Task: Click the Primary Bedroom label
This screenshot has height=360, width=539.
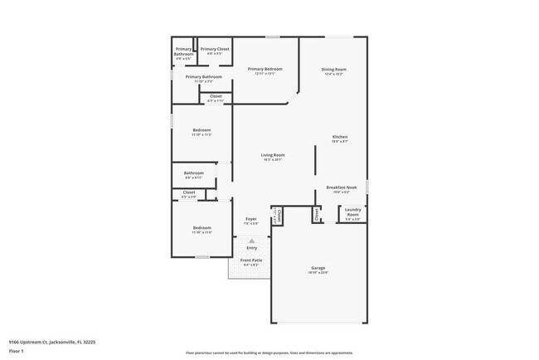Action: [265, 69]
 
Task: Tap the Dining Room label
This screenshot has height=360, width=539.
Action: [334, 69]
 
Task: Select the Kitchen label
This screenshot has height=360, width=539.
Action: [340, 137]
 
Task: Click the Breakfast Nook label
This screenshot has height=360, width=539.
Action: [341, 187]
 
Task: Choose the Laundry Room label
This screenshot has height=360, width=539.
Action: [352, 212]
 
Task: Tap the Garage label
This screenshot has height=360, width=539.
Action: [318, 268]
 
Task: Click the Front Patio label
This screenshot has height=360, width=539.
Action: [251, 260]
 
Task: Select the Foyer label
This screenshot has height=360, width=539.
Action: [250, 219]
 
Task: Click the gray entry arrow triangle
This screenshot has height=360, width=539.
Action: [251, 241]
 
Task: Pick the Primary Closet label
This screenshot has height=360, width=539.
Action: [215, 49]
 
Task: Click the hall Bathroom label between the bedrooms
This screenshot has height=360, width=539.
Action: [194, 173]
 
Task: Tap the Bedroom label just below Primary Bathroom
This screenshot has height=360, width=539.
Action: [202, 129]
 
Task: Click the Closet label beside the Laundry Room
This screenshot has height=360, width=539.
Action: [316, 214]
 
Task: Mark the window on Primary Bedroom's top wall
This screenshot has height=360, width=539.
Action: [272, 36]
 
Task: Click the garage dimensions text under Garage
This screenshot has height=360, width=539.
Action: [318, 273]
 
